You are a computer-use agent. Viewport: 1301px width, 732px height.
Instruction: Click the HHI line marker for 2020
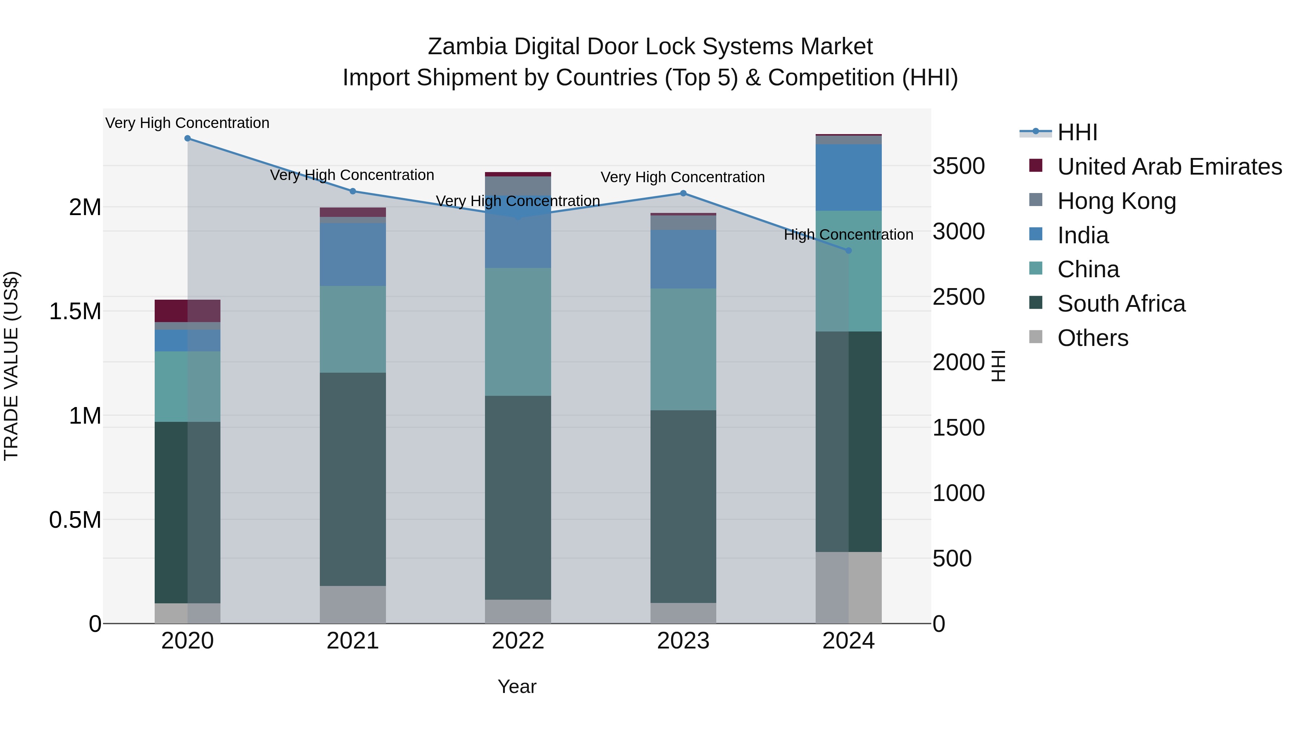(x=187, y=138)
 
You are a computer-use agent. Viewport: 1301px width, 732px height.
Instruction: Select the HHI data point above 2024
(x=849, y=251)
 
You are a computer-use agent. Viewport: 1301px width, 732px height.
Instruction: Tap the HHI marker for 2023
(x=683, y=193)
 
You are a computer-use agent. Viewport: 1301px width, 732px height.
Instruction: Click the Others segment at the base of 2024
(x=849, y=587)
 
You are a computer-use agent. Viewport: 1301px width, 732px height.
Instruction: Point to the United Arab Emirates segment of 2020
(x=187, y=311)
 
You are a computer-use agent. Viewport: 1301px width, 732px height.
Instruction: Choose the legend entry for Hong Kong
(x=1116, y=201)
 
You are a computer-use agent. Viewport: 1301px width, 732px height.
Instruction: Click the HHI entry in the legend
(x=1077, y=132)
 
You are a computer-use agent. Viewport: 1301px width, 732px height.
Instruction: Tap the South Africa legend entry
(x=1121, y=304)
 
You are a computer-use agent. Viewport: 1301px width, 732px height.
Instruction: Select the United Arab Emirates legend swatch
(x=1036, y=166)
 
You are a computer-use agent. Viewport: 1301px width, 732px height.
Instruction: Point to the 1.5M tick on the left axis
(x=75, y=312)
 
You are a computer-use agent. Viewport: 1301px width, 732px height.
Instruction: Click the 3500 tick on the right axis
(x=958, y=166)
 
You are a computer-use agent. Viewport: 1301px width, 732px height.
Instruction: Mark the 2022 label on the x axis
(x=518, y=641)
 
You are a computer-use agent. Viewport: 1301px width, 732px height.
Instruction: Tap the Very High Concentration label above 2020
(x=187, y=123)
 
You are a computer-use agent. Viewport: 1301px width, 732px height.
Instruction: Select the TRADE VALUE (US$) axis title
(x=12, y=366)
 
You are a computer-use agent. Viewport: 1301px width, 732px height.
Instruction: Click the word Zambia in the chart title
(x=467, y=47)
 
